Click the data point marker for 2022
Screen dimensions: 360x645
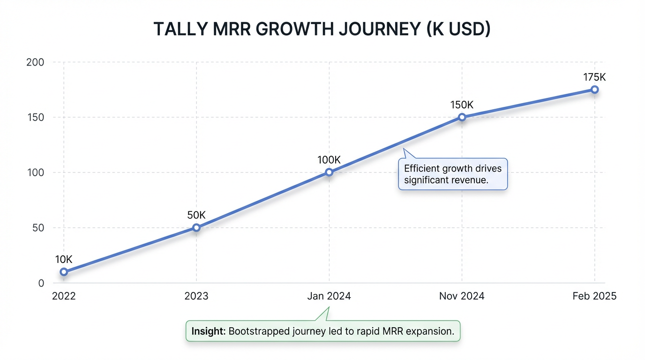(64, 272)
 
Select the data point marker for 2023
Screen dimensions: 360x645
(196, 228)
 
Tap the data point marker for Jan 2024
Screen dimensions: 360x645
(329, 172)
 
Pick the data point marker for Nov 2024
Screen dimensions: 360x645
(462, 117)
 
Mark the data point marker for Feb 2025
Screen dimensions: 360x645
(594, 90)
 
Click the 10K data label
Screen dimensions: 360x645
(64, 259)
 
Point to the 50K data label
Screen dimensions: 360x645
(196, 215)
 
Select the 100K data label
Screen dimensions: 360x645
(329, 160)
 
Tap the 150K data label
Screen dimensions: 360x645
(462, 105)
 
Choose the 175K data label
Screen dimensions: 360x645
(594, 77)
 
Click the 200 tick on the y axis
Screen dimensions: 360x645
(36, 62)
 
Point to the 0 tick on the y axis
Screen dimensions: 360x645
(41, 283)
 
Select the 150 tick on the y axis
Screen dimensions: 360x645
(36, 117)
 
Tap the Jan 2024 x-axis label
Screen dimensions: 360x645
(329, 296)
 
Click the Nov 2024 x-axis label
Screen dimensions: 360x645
(462, 296)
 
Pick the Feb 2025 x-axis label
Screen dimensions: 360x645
(594, 296)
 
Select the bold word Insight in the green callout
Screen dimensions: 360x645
(209, 331)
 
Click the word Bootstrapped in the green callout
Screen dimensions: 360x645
(257, 331)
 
